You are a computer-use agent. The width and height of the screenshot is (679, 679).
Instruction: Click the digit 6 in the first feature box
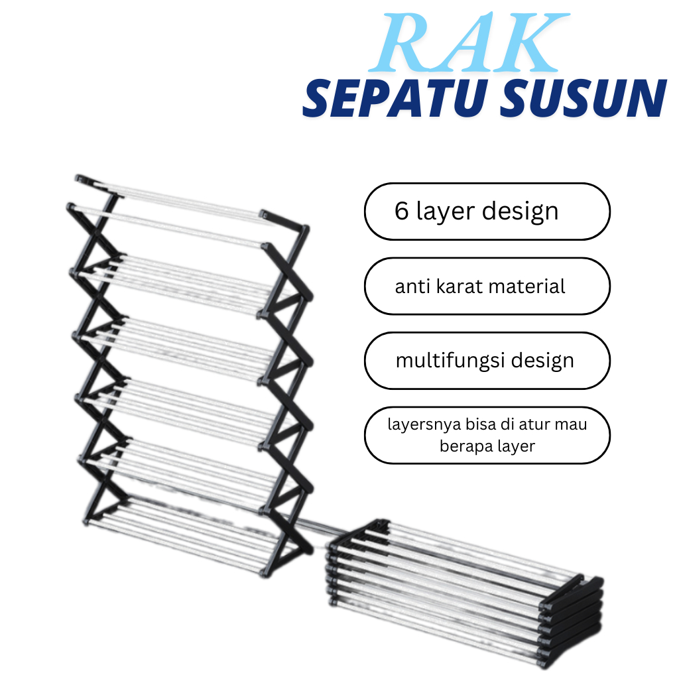click(401, 212)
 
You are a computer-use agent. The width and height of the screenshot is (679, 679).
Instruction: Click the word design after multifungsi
click(543, 361)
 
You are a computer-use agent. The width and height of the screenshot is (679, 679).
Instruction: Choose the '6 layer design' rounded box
click(487, 212)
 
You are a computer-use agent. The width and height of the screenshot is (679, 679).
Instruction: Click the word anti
click(411, 286)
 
